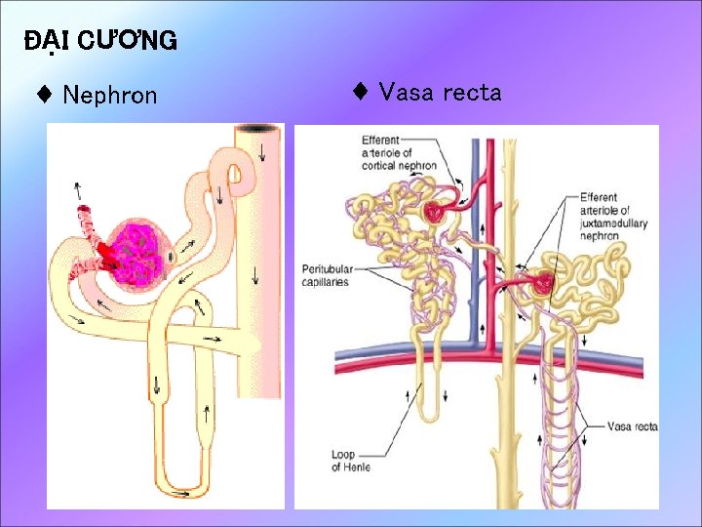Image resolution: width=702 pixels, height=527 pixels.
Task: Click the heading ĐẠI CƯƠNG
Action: [100, 40]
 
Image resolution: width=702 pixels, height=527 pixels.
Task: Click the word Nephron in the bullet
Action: [109, 95]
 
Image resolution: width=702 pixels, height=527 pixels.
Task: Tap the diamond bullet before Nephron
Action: [44, 95]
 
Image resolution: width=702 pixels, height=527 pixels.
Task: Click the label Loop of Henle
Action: [350, 461]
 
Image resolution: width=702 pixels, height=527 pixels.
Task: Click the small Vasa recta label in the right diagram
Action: [632, 426]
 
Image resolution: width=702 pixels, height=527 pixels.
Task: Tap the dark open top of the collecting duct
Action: [259, 129]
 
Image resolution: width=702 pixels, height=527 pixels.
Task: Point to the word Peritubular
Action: [325, 269]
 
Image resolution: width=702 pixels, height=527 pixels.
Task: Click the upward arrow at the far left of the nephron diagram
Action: [77, 187]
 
